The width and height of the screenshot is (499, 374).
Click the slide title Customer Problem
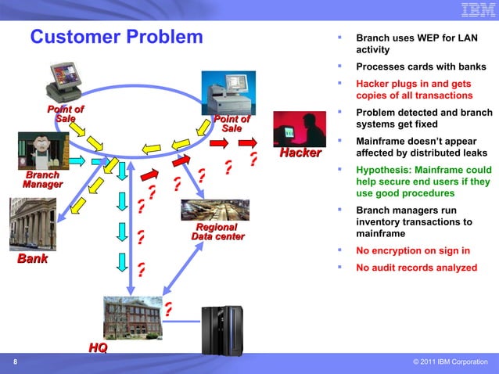click(116, 37)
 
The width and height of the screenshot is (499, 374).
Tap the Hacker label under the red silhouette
click(300, 153)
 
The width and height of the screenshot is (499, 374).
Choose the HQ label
click(98, 347)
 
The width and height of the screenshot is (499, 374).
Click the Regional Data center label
click(218, 232)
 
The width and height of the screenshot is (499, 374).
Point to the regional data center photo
click(214, 210)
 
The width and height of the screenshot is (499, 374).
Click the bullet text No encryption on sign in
click(413, 251)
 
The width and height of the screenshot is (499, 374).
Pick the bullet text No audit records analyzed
click(416, 268)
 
